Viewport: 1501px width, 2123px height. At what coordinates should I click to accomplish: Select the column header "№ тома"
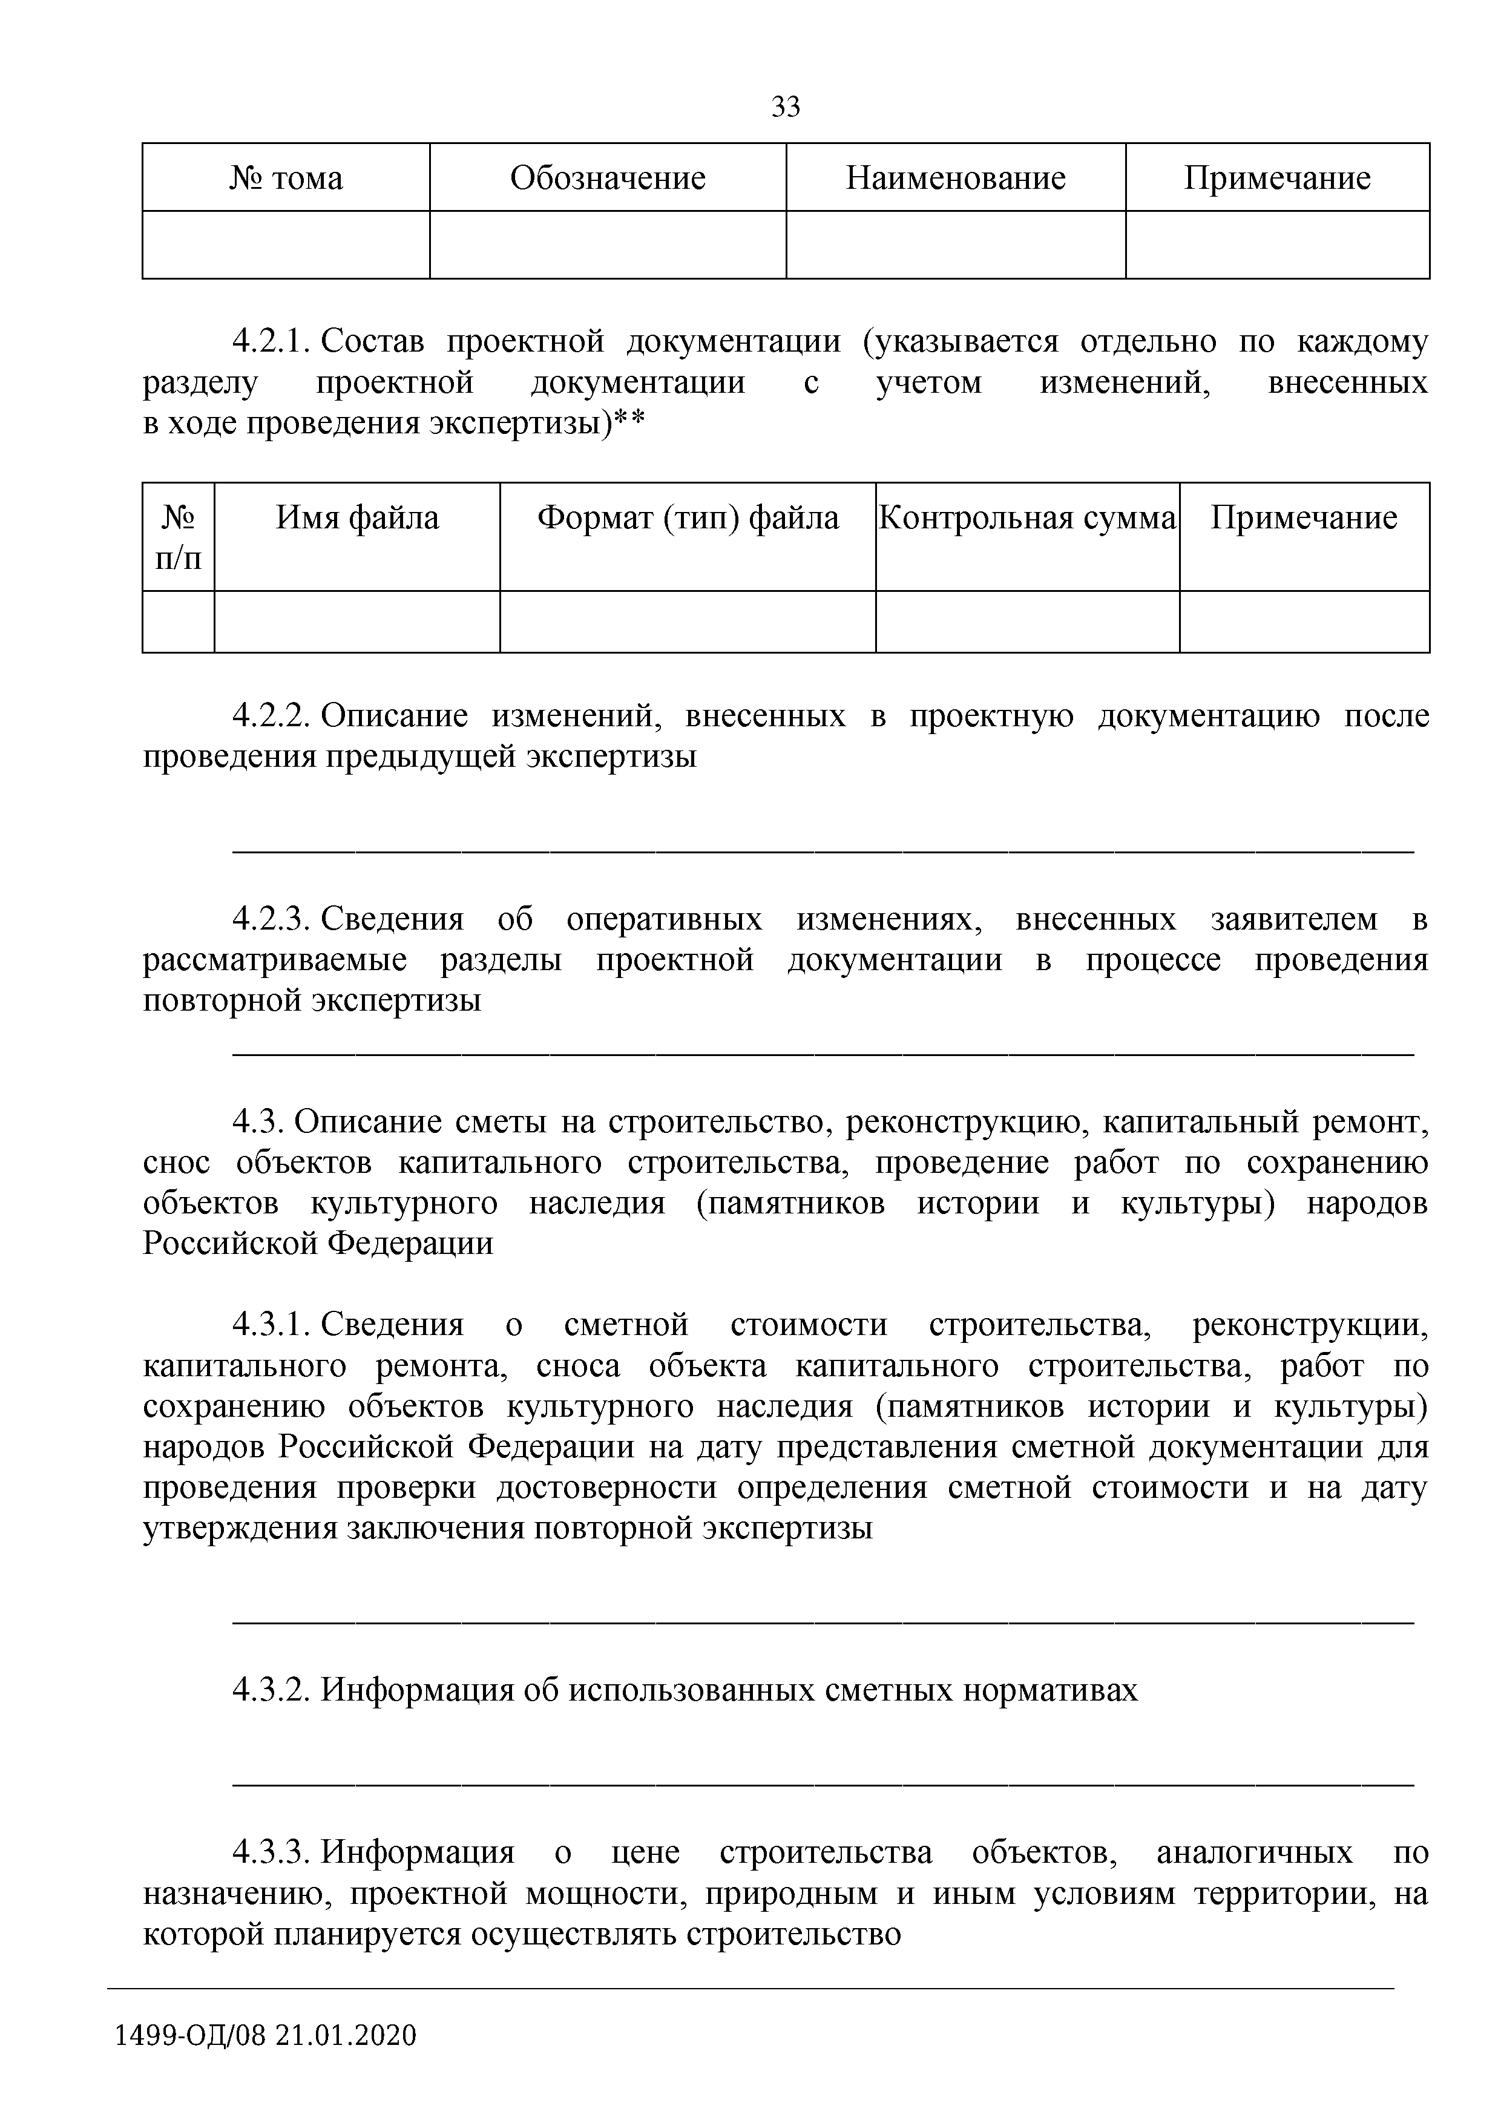pyautogui.click(x=286, y=177)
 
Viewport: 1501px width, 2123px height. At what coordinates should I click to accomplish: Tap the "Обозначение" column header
pyautogui.click(x=608, y=177)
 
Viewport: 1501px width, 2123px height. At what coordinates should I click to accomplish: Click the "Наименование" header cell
pyautogui.click(x=955, y=177)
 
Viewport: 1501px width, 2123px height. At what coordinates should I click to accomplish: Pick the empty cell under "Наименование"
pyautogui.click(x=955, y=245)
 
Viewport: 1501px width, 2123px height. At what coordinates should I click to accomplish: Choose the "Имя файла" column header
pyautogui.click(x=357, y=518)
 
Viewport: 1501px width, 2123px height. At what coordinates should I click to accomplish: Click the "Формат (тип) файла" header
pyautogui.click(x=688, y=518)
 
